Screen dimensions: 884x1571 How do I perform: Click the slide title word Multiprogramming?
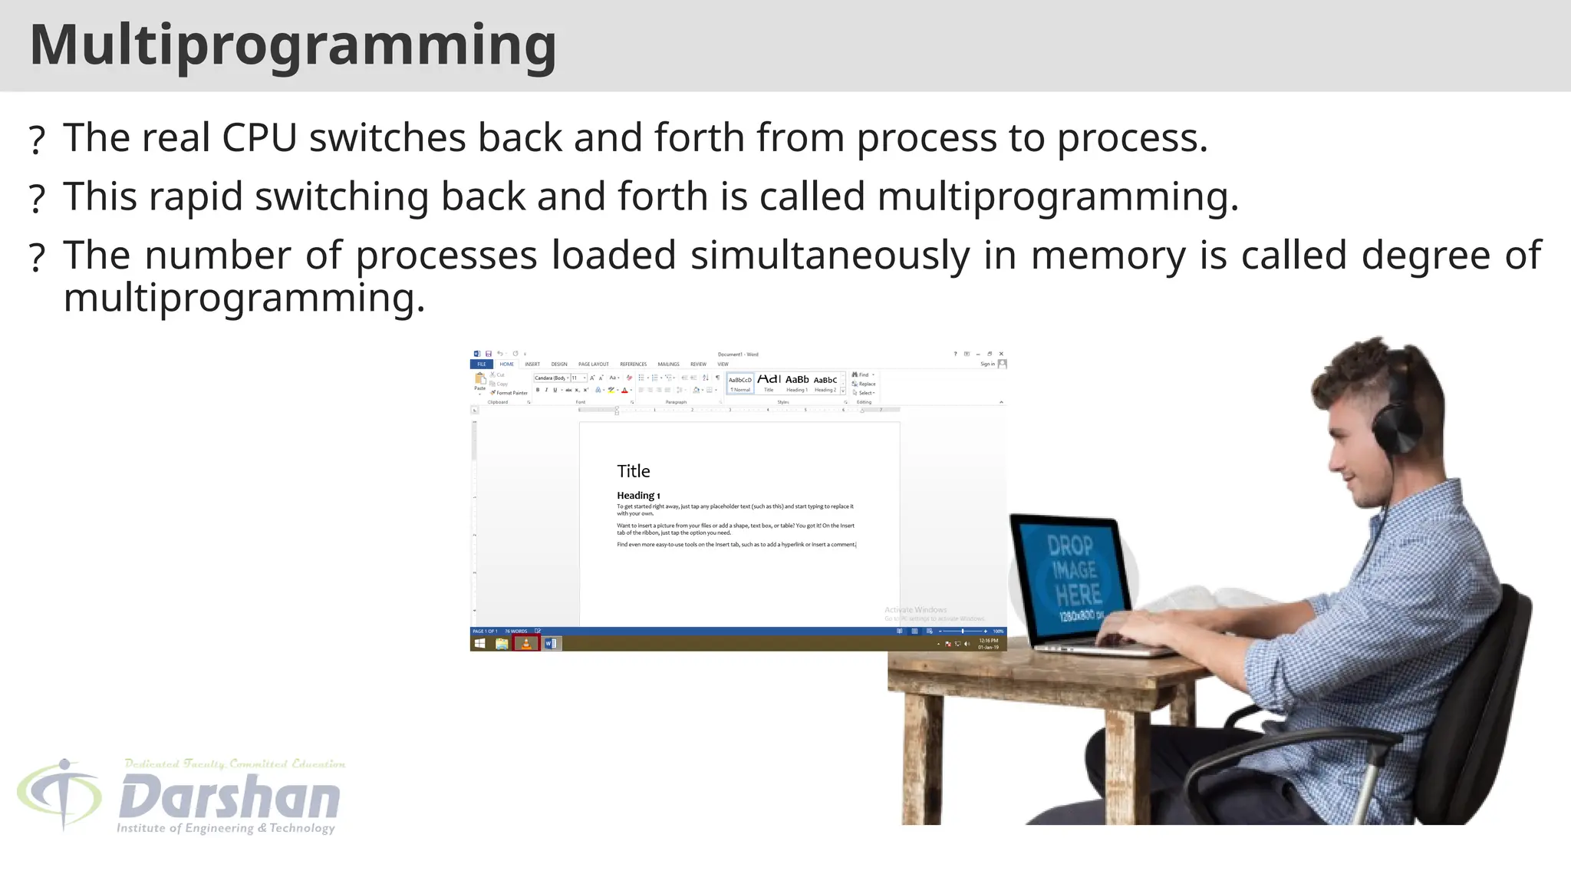tap(293, 45)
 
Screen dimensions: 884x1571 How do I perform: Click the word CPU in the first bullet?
tap(259, 138)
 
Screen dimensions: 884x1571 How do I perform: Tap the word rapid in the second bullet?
tap(196, 196)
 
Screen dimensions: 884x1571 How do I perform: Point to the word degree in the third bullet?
tap(1425, 255)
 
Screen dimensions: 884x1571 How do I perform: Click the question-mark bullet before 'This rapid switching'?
tap(37, 199)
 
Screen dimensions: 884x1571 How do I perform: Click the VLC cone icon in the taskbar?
tap(526, 643)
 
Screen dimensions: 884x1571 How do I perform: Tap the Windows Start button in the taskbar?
tap(479, 643)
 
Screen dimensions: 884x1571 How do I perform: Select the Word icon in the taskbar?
tap(552, 643)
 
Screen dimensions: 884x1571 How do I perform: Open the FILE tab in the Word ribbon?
tap(482, 364)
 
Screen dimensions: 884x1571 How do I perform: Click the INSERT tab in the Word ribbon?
tap(532, 364)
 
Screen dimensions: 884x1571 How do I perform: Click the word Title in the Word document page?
tap(634, 471)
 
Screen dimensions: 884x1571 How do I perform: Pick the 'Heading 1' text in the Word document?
tap(638, 496)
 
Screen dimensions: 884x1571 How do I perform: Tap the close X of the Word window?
tap(1001, 354)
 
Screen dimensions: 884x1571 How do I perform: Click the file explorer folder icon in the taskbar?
tap(502, 643)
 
